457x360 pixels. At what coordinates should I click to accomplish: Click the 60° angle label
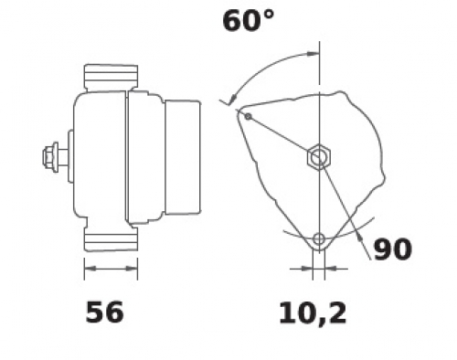[249, 21]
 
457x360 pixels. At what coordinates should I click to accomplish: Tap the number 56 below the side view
[105, 312]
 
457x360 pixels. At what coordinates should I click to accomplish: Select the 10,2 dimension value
[313, 313]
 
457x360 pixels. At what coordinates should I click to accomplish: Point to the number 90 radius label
[393, 249]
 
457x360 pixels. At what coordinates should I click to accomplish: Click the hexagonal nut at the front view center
[319, 156]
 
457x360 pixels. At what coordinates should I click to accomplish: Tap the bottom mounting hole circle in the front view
[319, 239]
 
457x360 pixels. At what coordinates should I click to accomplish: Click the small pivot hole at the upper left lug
[248, 116]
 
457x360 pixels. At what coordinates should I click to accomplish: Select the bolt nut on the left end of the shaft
[48, 157]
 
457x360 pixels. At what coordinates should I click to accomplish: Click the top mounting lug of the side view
[111, 78]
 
